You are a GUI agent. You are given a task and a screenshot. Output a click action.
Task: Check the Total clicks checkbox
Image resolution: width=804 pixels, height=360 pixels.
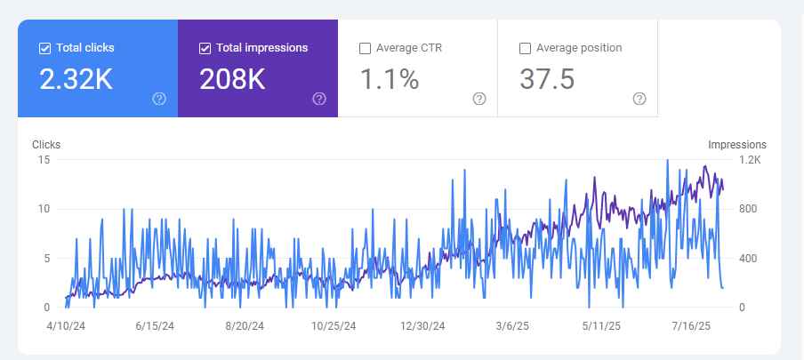tap(44, 48)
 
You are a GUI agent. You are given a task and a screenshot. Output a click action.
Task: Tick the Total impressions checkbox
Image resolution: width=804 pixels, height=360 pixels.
tap(205, 48)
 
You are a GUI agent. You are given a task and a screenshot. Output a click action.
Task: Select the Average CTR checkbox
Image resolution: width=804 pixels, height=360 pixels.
tap(365, 48)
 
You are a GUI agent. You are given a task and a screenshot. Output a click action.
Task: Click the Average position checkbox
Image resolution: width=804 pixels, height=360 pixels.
tap(525, 48)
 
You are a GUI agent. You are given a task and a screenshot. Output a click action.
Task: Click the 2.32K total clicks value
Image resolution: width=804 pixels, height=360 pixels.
tap(76, 80)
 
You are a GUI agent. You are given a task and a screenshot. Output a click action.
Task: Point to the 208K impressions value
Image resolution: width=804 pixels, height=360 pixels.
tap(232, 80)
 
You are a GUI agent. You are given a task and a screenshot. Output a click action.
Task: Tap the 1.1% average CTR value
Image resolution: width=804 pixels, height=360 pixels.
tap(389, 80)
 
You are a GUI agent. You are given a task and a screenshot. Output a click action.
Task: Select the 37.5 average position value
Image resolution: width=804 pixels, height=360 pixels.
tap(546, 80)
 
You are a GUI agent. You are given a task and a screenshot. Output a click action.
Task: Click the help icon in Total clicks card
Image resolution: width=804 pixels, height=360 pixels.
tap(159, 99)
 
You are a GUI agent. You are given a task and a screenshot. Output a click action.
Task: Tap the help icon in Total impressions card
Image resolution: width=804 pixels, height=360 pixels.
tap(319, 99)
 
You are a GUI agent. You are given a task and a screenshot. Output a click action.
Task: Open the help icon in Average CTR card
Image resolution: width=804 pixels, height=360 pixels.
tap(479, 99)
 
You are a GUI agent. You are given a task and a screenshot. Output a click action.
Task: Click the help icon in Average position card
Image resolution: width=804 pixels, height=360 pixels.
tap(639, 99)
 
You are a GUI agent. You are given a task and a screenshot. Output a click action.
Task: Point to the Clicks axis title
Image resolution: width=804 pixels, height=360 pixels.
tap(46, 144)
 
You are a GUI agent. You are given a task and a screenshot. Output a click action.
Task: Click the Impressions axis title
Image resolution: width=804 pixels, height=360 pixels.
tap(736, 144)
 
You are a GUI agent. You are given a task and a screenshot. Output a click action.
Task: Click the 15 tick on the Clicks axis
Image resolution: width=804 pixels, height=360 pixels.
tap(44, 160)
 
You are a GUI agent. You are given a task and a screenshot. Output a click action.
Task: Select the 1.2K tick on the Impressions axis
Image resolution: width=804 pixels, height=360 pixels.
tap(750, 160)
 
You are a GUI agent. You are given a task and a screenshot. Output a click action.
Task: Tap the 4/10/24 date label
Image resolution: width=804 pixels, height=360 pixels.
tap(65, 326)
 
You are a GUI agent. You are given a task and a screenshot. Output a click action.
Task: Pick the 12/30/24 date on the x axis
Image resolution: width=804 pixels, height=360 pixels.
tap(422, 326)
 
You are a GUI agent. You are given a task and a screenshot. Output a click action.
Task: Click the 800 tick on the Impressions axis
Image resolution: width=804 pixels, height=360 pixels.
tap(747, 209)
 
